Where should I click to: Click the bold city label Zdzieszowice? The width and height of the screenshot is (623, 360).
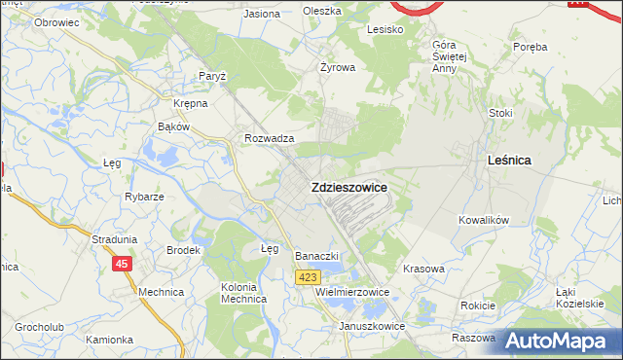(x=348, y=187)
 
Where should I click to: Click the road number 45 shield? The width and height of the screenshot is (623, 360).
(x=122, y=264)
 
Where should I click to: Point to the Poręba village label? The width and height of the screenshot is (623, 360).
(x=531, y=47)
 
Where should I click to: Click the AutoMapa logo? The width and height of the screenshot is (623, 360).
(x=558, y=342)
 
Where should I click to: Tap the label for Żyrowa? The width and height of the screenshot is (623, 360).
(x=338, y=68)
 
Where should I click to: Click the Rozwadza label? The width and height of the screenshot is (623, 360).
(x=270, y=139)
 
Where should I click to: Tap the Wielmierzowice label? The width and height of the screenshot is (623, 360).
(x=352, y=291)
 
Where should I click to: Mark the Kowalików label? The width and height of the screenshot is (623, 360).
(x=484, y=221)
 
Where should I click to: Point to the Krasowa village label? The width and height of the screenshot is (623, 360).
(x=422, y=268)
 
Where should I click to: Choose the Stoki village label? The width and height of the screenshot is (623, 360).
(x=500, y=113)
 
